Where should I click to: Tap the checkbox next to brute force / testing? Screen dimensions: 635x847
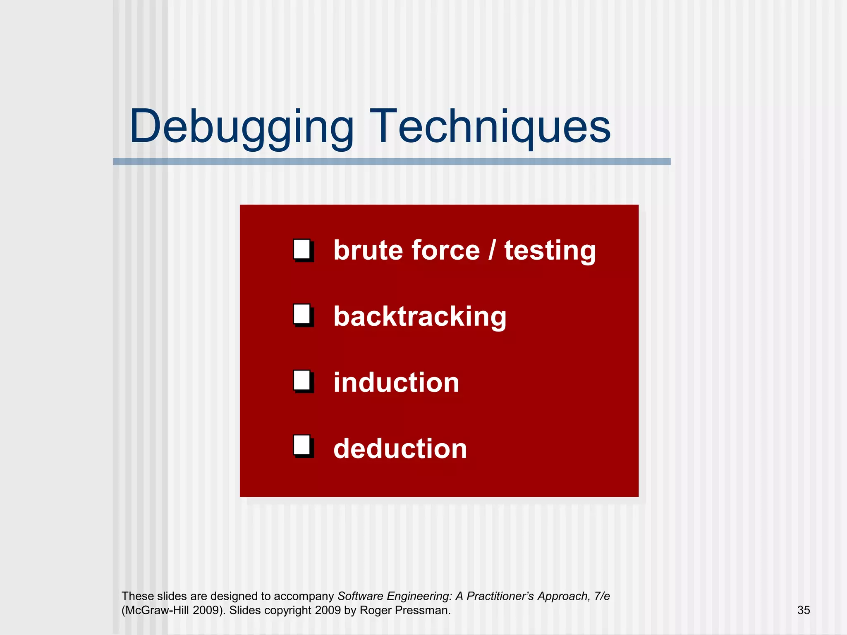pos(303,250)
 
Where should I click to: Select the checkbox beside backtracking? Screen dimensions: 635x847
pos(303,315)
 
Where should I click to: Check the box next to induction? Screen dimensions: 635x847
pos(303,381)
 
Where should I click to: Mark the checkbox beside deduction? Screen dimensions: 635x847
pos(303,446)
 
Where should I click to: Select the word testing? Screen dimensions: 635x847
pos(550,251)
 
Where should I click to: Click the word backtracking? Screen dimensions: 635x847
pos(420,317)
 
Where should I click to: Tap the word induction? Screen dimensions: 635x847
pos(396,382)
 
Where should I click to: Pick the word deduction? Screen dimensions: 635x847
pos(400,449)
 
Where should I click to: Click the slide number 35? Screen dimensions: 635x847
pos(803,610)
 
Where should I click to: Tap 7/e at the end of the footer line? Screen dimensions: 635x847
pos(602,596)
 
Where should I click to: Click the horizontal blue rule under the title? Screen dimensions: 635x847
pos(391,161)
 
